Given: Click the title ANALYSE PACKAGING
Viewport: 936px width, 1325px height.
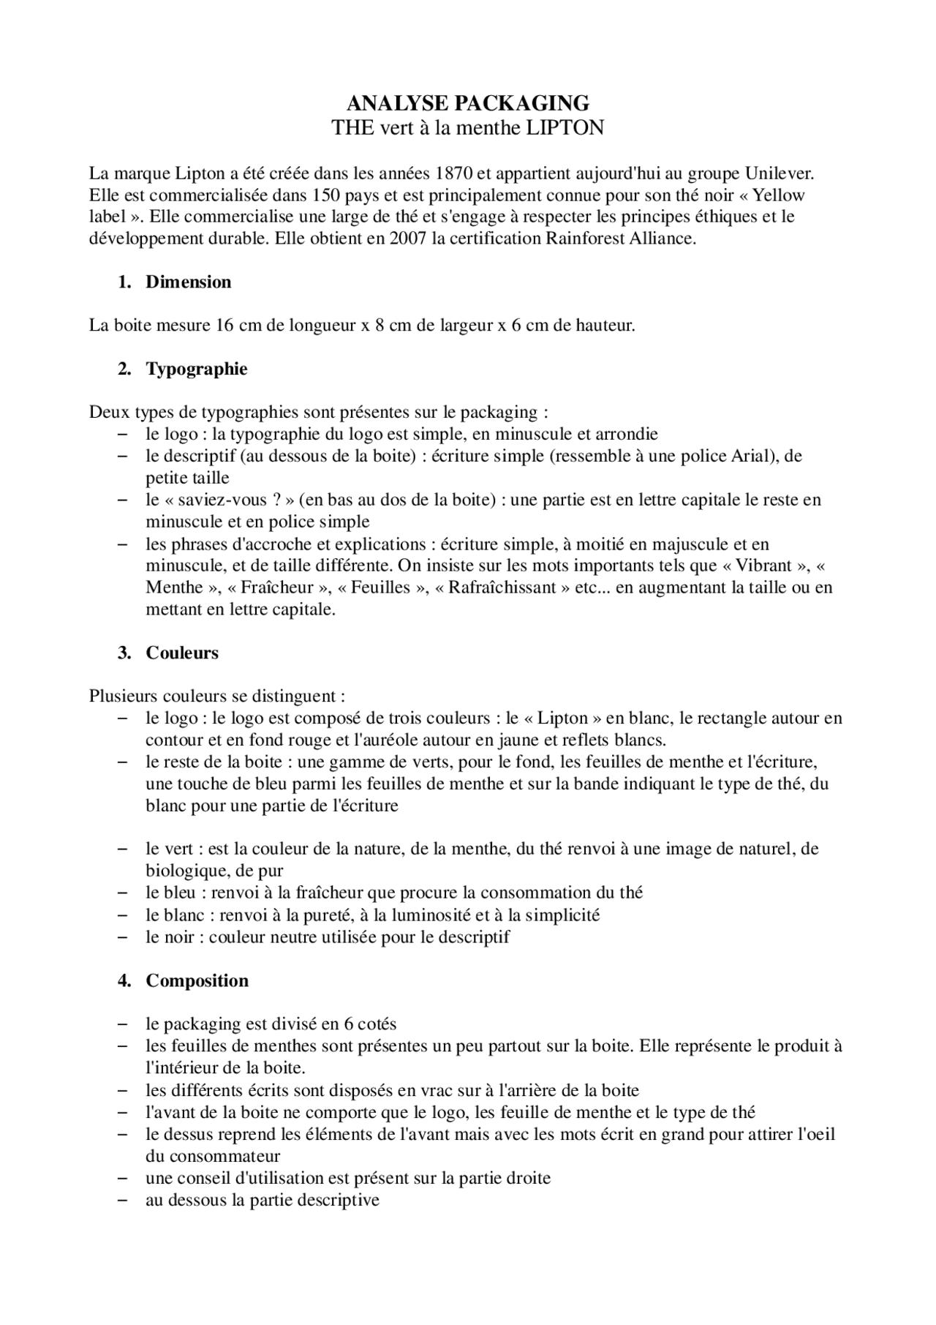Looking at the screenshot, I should (468, 102).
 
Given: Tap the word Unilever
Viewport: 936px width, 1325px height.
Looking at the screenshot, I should (779, 173).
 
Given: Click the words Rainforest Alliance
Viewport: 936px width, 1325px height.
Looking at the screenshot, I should (620, 239).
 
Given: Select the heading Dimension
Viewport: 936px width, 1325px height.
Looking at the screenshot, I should (189, 282).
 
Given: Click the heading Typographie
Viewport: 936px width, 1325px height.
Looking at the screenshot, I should (197, 369).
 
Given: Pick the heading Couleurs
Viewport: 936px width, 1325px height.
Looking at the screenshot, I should (182, 653).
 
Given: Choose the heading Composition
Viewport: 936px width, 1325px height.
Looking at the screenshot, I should (197, 980).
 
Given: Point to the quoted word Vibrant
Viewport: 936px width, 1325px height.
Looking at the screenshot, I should (763, 566).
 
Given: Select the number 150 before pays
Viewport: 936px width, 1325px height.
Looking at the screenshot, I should (326, 195).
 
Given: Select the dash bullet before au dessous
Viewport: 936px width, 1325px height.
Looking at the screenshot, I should (123, 1200).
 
